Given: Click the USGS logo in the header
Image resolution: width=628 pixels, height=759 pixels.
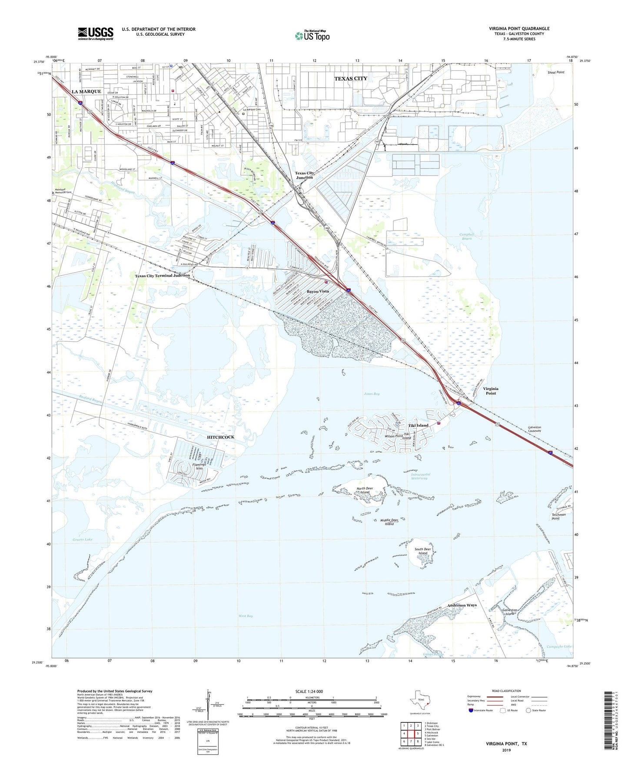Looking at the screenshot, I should [x=96, y=33].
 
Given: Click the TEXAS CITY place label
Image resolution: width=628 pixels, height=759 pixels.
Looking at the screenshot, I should [x=351, y=79].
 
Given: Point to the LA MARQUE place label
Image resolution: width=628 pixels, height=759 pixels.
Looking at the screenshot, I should [x=86, y=92].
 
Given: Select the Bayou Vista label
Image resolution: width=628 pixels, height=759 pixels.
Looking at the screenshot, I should [x=318, y=291].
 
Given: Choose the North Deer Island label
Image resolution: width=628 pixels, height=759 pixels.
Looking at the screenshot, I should [x=365, y=490].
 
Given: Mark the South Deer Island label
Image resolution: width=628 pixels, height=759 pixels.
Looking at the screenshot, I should [x=423, y=551].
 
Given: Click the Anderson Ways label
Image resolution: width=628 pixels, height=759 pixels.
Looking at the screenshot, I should [x=462, y=605].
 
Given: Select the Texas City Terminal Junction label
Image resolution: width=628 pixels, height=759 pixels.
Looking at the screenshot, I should [x=162, y=276].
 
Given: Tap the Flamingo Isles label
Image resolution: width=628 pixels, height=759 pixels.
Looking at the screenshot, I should [x=199, y=466].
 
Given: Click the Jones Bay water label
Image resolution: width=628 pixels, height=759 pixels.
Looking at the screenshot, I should [x=372, y=394].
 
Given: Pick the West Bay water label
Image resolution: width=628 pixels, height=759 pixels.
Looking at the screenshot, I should [x=246, y=616].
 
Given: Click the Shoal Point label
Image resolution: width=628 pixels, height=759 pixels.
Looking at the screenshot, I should [x=556, y=72].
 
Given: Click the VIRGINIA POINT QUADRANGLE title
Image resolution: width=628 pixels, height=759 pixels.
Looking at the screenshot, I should [x=519, y=29].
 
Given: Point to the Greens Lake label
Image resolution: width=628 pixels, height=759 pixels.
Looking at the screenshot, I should [x=83, y=539].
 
